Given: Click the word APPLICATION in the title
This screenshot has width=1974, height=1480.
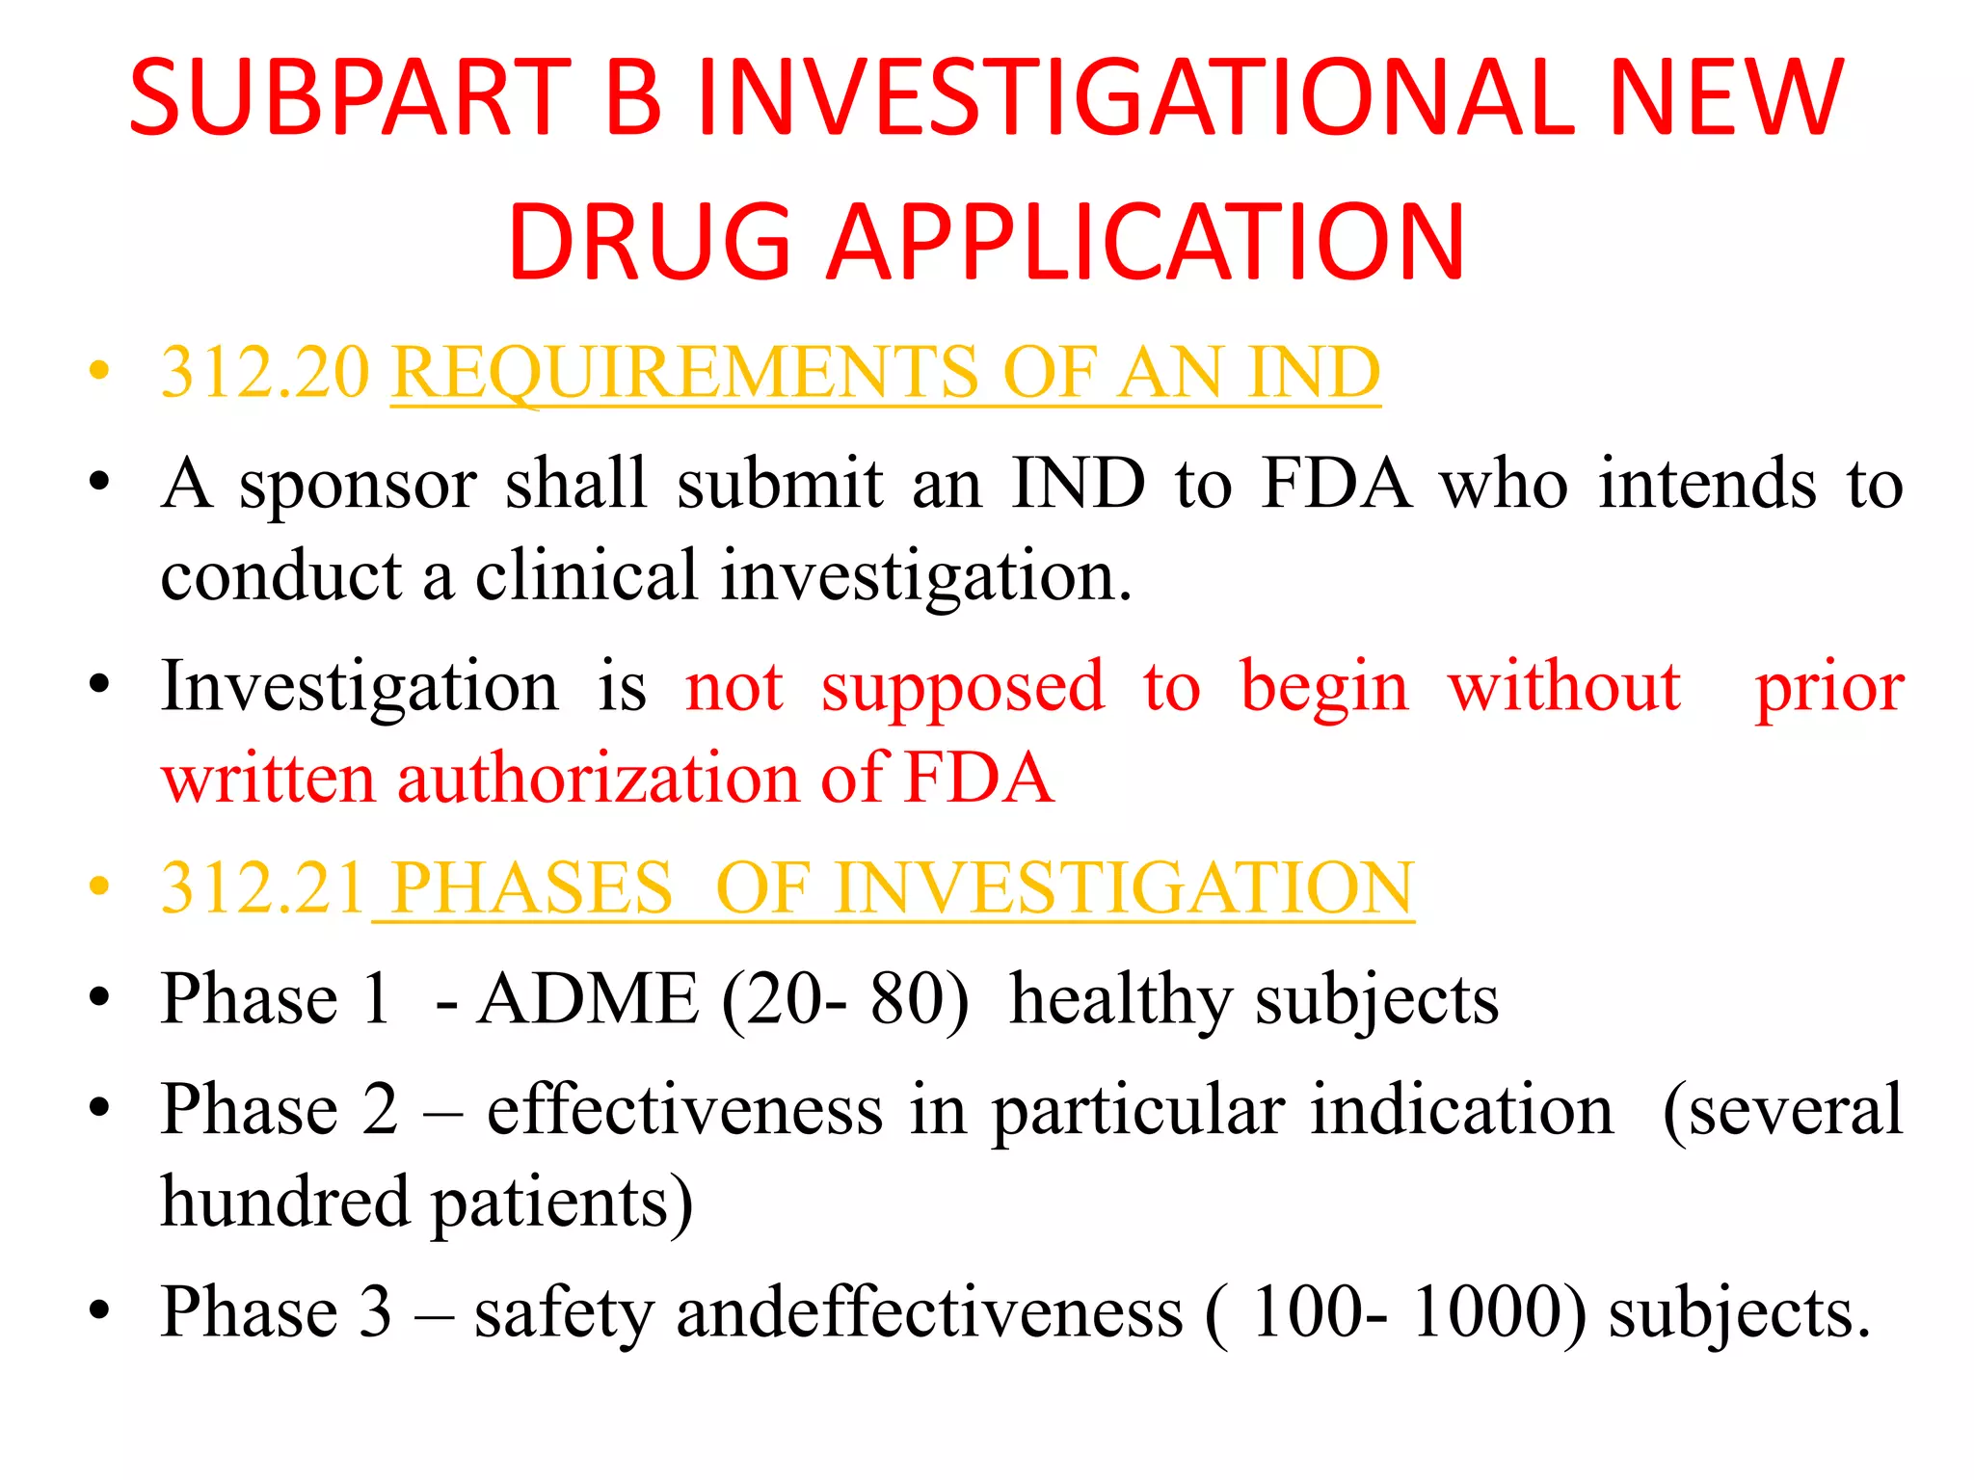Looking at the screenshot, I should tap(1146, 243).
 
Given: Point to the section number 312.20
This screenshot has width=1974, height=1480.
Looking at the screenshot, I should tap(265, 372).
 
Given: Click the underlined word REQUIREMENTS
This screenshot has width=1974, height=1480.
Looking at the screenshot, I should tap(693, 372).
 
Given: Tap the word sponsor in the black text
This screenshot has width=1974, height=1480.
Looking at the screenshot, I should tap(358, 485).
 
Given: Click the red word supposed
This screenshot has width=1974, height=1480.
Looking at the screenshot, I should tap(962, 687).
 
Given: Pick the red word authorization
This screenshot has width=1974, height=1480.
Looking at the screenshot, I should tap(598, 778).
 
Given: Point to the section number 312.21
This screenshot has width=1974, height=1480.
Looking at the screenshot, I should tap(262, 887).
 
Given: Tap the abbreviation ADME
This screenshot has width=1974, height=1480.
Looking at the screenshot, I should tap(588, 999).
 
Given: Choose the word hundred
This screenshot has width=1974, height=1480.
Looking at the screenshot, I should tap(285, 1202).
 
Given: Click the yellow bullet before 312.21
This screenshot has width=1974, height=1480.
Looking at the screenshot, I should tap(99, 886).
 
